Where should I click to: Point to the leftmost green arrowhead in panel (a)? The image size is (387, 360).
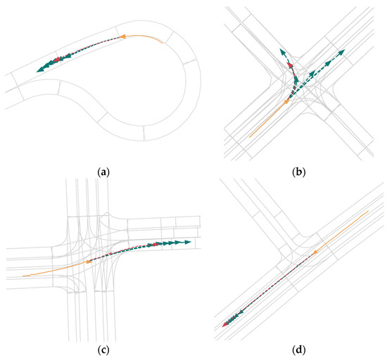coord(40,66)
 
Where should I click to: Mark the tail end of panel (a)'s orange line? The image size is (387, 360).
coord(163,41)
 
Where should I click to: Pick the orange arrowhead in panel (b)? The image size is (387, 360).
coord(286,103)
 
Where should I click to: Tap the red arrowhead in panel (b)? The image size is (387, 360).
coord(289,67)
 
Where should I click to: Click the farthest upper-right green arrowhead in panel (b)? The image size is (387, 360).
coord(342,51)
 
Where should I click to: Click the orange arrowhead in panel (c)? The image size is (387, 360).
coord(89,262)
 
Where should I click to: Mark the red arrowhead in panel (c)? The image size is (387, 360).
coord(151,244)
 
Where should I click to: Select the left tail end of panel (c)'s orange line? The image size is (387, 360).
coord(23,276)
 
